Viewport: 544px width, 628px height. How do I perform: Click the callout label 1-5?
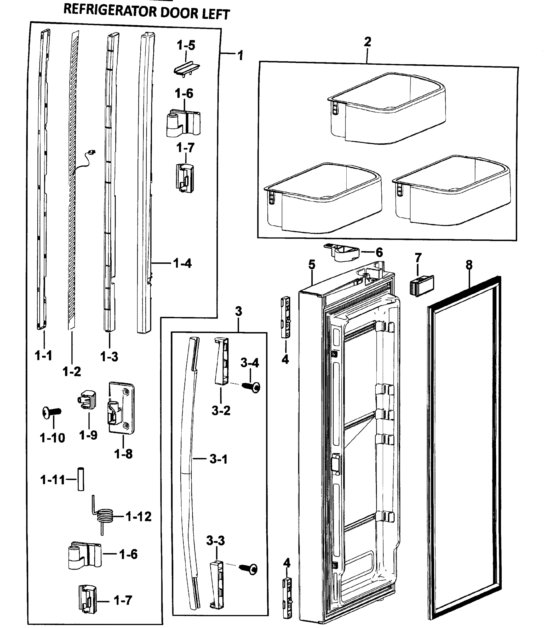(186, 46)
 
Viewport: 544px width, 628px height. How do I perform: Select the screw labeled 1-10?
(51, 413)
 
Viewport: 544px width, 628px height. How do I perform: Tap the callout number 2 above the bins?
(367, 42)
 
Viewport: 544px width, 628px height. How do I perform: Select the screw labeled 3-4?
(251, 387)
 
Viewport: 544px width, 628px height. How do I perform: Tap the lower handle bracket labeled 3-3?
(216, 585)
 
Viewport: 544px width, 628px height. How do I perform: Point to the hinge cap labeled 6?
(341, 252)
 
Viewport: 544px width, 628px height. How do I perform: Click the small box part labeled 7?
(422, 285)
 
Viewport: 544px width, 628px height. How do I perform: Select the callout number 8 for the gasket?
(469, 265)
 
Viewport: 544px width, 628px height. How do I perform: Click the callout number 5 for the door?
(312, 264)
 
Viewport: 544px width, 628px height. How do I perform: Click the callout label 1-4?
(182, 263)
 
